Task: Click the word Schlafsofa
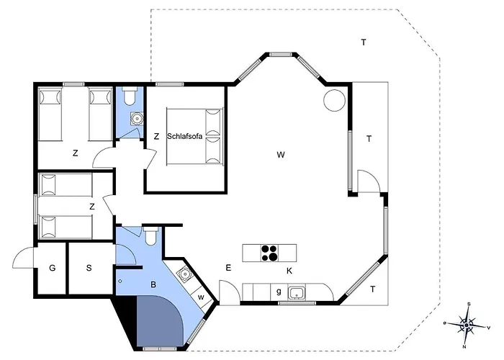184,136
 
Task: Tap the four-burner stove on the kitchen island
269,253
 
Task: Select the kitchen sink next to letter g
295,292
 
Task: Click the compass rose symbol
466,325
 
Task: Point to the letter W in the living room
281,155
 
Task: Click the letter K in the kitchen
289,271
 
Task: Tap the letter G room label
52,268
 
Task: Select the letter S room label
89,268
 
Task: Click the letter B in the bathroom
153,284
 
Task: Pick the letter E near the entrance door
228,268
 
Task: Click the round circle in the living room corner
334,100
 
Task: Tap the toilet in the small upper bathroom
130,96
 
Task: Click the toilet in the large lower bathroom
150,236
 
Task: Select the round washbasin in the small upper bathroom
138,118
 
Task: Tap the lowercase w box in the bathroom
202,297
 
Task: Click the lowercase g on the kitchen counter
279,292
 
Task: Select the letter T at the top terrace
364,42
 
